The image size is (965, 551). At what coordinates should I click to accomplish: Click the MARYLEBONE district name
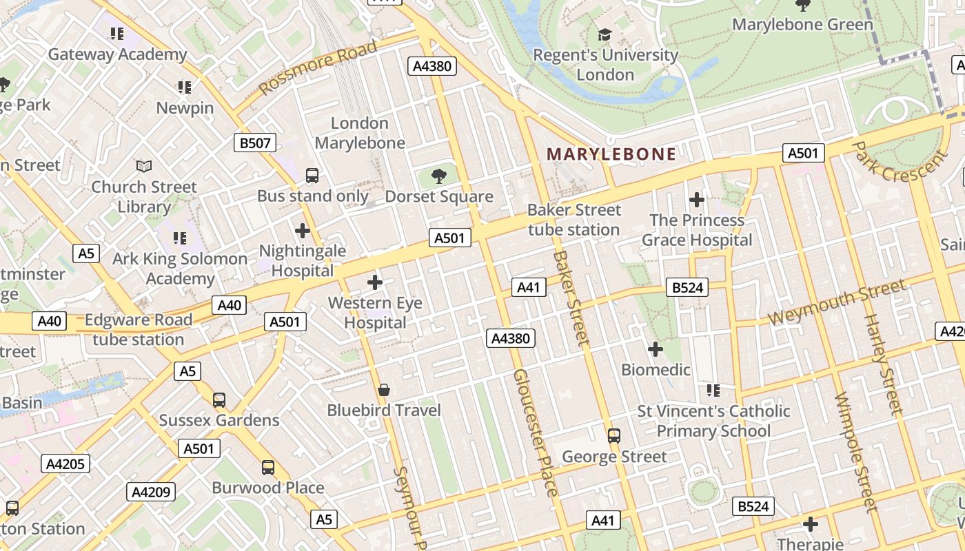[611, 154]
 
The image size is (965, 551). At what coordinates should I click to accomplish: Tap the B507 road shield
[255, 143]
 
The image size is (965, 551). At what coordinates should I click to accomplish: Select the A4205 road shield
[65, 464]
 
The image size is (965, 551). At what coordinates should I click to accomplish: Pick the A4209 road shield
[151, 492]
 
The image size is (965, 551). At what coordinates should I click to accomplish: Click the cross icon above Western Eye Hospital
[375, 282]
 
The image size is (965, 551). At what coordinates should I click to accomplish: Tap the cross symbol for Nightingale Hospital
[302, 231]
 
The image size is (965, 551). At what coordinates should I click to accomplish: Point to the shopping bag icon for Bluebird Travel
[384, 390]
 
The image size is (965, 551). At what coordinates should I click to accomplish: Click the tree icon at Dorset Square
[438, 177]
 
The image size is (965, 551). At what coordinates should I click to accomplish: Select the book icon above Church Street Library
[143, 167]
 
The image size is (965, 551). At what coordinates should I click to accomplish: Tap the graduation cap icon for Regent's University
[605, 34]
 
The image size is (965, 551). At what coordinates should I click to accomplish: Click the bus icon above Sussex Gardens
[219, 400]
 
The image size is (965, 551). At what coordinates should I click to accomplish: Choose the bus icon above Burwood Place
[268, 468]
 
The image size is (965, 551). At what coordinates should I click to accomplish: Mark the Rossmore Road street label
[319, 68]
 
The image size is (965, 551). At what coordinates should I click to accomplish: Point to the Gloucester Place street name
[535, 433]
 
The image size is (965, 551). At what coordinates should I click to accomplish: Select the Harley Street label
[882, 364]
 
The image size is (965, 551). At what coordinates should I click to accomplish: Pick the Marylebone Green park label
[802, 25]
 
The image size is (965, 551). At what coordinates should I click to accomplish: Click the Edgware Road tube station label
[138, 330]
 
